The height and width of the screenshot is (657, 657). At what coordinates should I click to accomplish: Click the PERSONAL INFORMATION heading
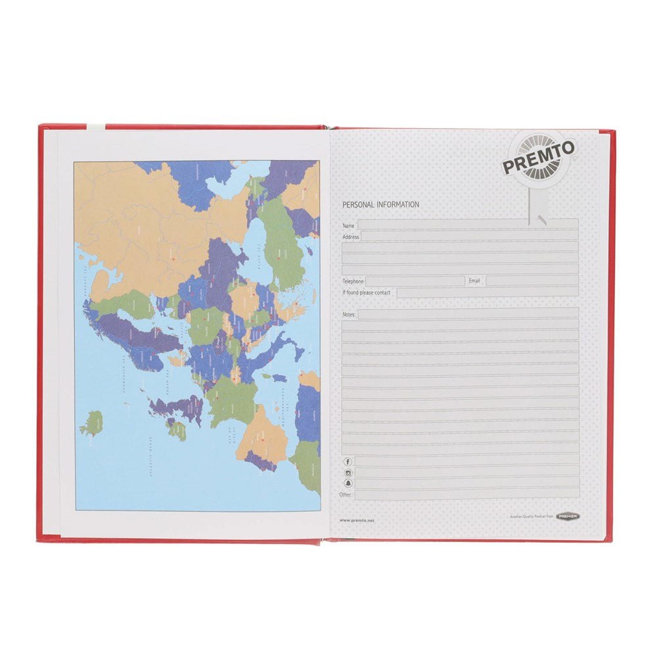pyautogui.click(x=380, y=204)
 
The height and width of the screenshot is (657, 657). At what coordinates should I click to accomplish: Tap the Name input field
pyautogui.click(x=467, y=225)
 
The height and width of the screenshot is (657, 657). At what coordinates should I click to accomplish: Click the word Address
pyautogui.click(x=350, y=236)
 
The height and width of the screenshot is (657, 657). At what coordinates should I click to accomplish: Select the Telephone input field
pyautogui.click(x=415, y=281)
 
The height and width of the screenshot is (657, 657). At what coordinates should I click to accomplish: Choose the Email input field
pyautogui.click(x=532, y=281)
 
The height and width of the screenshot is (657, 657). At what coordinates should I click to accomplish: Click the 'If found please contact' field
pyautogui.click(x=487, y=292)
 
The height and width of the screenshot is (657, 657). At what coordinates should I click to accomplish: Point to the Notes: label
pyautogui.click(x=349, y=315)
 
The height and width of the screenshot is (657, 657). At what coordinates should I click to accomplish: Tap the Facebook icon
pyautogui.click(x=348, y=461)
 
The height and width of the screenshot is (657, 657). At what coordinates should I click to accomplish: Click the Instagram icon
pyautogui.click(x=348, y=472)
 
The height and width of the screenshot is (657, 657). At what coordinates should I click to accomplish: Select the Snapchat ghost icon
pyautogui.click(x=348, y=484)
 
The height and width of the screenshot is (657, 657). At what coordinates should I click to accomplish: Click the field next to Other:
pyautogui.click(x=467, y=494)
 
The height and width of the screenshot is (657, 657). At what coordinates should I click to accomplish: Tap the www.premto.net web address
pyautogui.click(x=357, y=520)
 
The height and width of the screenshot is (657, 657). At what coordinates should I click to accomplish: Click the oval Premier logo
pyautogui.click(x=567, y=516)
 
